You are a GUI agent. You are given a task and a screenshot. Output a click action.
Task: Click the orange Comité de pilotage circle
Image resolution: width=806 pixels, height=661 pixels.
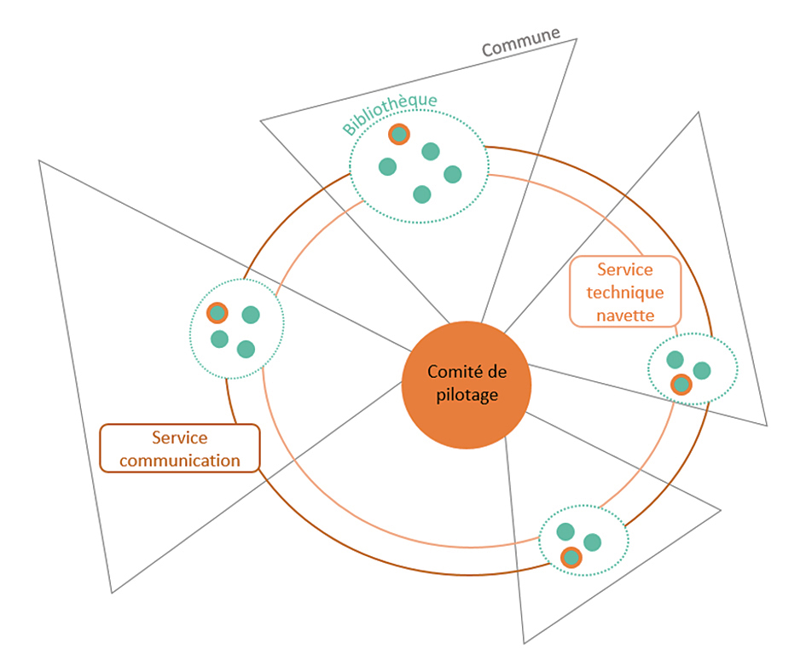tap(467, 385)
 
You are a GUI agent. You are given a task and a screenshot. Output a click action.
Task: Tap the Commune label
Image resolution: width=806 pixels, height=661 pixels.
tap(521, 41)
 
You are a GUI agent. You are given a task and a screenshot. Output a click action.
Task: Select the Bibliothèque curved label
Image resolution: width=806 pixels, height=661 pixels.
tap(389, 113)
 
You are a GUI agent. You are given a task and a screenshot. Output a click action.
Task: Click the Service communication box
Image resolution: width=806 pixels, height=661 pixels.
tap(180, 449)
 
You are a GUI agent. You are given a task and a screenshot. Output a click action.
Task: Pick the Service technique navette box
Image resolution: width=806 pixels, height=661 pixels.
tap(625, 292)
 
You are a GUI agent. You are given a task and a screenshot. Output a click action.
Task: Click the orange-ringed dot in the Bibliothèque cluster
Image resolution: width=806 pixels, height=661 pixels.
tap(399, 134)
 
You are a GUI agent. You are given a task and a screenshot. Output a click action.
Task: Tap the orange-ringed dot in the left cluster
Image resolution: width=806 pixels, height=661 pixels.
tap(217, 312)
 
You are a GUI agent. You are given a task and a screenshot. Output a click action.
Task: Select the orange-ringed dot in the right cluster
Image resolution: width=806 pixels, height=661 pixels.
tap(681, 384)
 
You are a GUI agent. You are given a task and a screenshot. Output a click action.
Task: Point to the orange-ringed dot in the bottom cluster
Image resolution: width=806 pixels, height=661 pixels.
tap(571, 557)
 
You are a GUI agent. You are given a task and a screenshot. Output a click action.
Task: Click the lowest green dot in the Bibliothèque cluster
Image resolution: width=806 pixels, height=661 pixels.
tap(422, 194)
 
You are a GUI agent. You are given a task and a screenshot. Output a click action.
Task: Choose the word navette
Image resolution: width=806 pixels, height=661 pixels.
tap(625, 315)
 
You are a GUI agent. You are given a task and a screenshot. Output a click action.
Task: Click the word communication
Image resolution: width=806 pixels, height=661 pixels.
tap(180, 461)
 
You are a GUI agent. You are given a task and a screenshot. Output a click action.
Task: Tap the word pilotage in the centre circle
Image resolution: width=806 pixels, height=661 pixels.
tap(467, 395)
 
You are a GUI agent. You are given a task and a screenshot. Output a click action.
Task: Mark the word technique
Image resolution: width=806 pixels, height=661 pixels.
tap(625, 293)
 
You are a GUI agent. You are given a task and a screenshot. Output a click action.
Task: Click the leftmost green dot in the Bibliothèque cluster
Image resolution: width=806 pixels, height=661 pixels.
tap(387, 166)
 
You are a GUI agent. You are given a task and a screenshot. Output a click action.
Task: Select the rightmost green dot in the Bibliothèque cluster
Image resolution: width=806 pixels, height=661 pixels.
tap(452, 174)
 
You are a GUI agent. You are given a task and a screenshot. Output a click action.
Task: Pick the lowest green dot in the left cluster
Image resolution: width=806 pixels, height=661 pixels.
tap(246, 349)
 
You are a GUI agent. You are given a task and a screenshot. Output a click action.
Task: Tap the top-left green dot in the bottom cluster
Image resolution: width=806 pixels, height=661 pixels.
tap(565, 531)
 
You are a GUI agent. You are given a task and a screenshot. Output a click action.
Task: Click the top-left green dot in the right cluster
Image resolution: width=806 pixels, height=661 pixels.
tap(675, 360)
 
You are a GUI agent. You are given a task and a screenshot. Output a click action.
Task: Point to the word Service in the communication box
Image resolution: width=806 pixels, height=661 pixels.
tap(180, 438)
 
